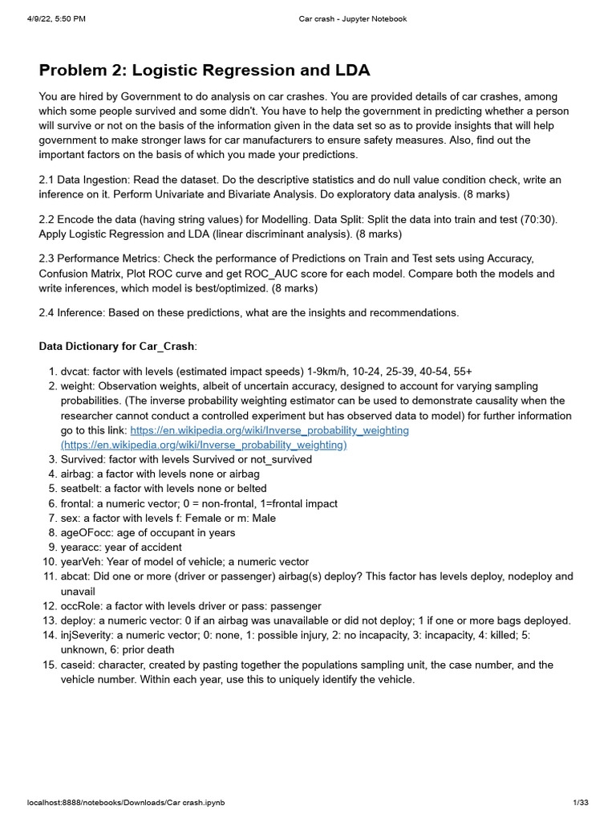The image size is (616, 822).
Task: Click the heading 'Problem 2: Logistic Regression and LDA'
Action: pos(205,70)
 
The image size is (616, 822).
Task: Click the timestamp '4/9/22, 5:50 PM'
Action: pos(53,19)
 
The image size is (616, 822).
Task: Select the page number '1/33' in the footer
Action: pos(581,802)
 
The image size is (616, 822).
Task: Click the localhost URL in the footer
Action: pos(115,802)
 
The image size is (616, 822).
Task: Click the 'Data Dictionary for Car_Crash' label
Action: pos(117,346)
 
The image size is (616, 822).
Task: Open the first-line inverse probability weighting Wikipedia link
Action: pos(269,430)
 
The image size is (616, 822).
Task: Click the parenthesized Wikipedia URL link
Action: pos(204,445)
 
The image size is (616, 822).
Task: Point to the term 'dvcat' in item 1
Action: pos(75,372)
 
